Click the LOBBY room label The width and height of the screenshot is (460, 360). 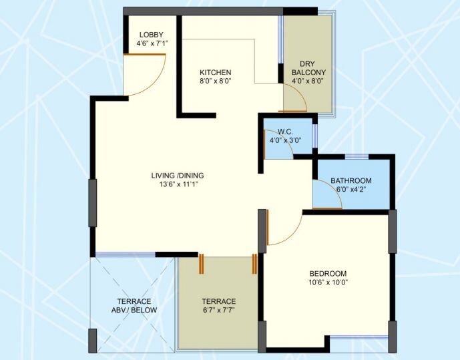[150, 35]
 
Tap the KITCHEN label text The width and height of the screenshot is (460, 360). [216, 72]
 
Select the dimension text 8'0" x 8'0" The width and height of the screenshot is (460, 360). [216, 81]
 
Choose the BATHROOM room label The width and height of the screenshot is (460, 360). [351, 181]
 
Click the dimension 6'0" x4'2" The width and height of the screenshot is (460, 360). [351, 190]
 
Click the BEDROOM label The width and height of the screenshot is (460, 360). [328, 274]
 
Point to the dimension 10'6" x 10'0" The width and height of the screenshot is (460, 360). [328, 283]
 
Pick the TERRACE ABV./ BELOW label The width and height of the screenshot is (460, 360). [134, 306]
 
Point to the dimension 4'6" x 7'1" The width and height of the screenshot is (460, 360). [148, 44]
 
